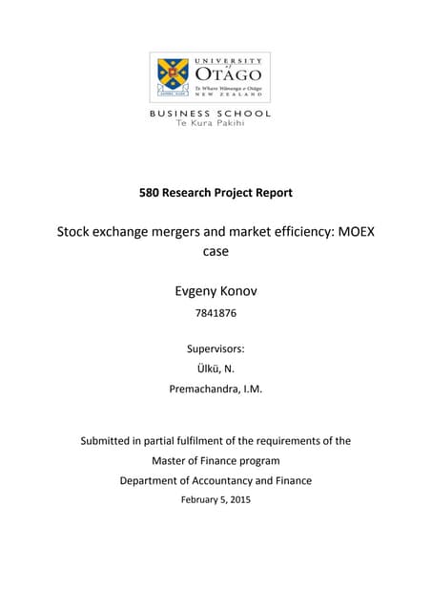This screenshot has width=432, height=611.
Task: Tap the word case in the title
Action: coord(216,251)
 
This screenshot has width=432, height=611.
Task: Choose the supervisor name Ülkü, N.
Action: coord(216,369)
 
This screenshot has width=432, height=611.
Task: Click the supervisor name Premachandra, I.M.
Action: coord(216,389)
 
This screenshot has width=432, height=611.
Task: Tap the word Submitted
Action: coord(110,441)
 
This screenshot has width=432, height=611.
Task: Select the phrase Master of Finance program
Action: coord(216,460)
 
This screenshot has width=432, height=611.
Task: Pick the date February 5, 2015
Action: coord(216,499)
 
